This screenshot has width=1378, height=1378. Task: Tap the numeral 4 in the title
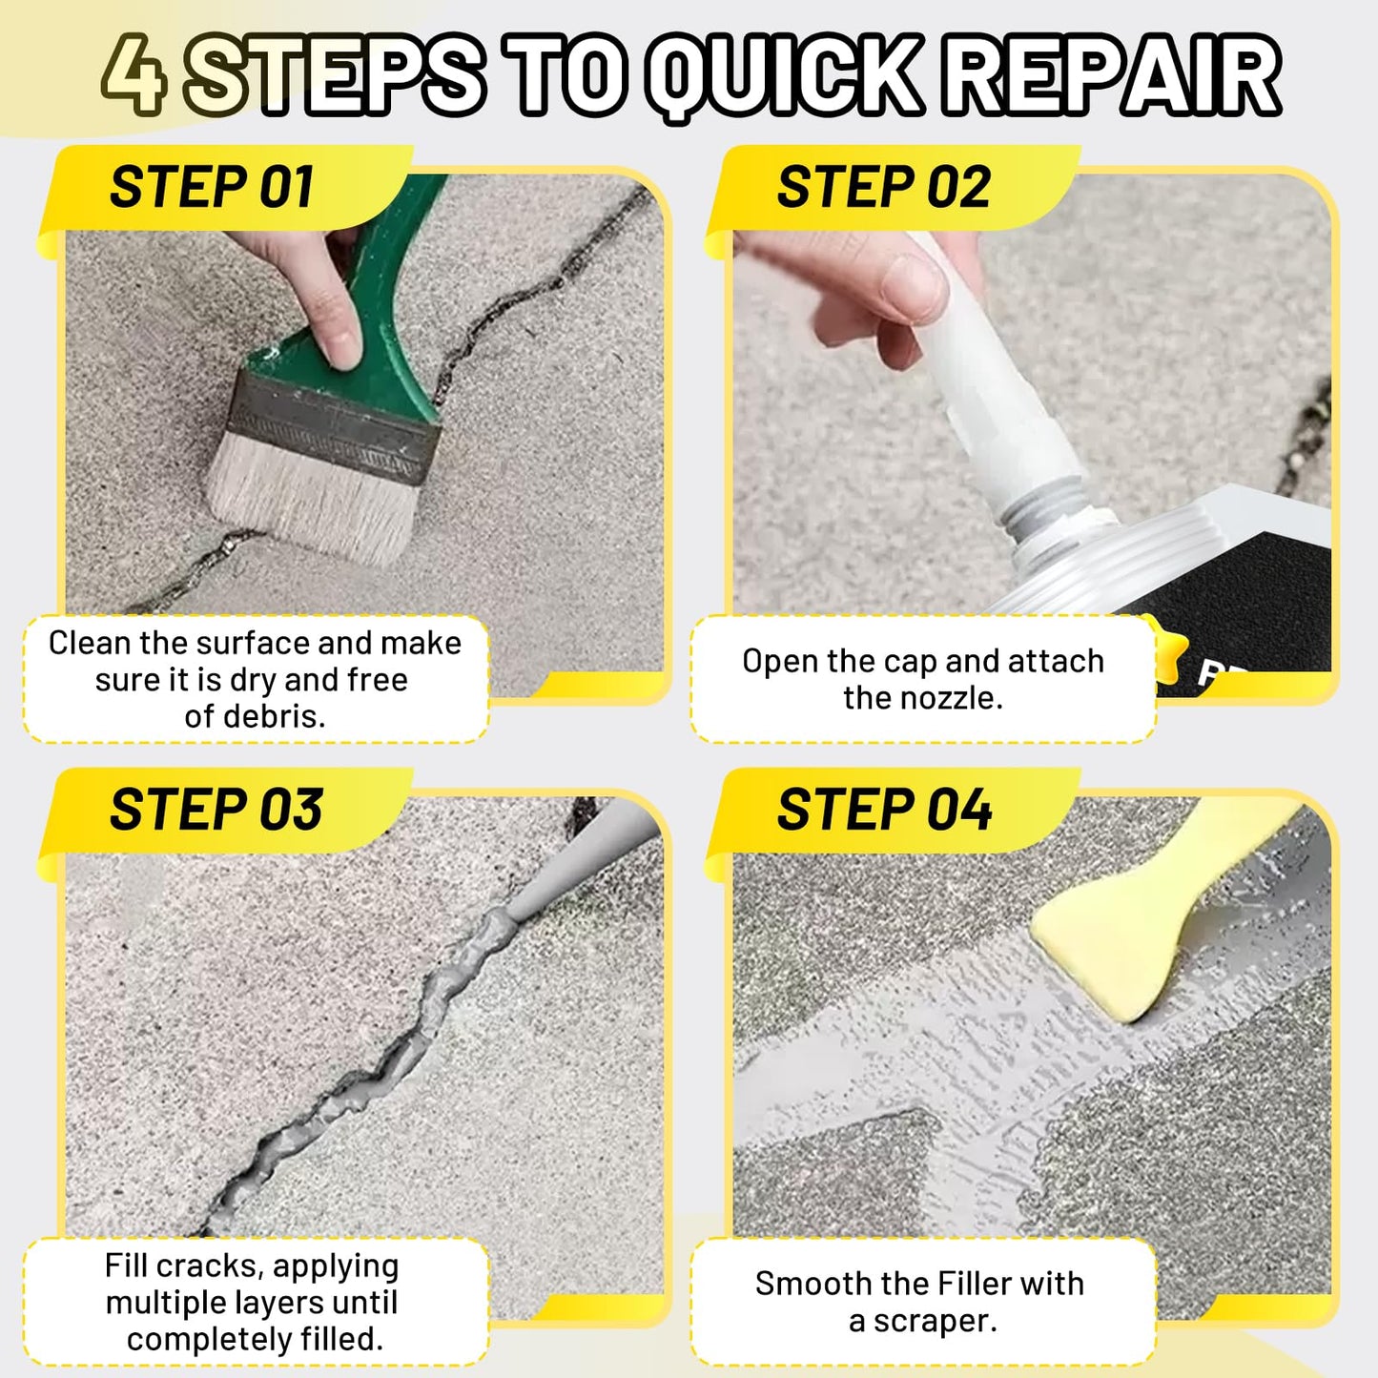134,74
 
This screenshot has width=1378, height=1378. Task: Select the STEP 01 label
212,187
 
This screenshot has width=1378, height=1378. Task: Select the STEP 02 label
883,187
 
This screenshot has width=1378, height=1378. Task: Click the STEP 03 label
216,810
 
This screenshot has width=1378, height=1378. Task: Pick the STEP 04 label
884,810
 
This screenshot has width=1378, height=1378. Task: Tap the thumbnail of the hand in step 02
906,286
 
